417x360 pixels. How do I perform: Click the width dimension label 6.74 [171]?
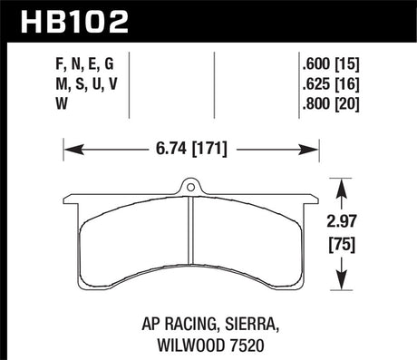click(x=192, y=144)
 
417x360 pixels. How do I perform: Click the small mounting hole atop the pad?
click(x=192, y=189)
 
